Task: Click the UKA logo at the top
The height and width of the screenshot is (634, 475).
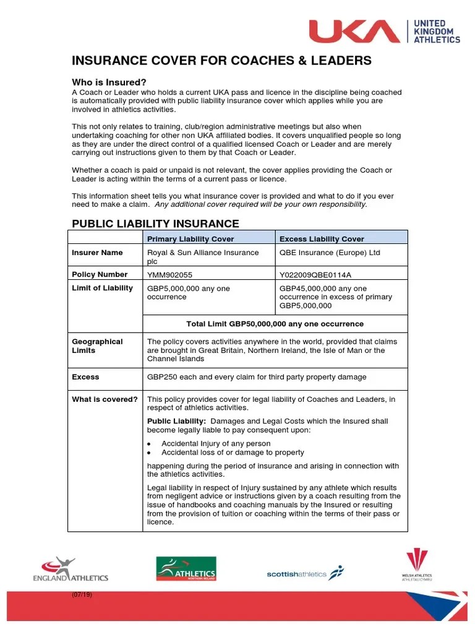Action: (x=385, y=31)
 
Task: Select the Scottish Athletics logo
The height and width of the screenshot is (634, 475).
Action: (x=304, y=573)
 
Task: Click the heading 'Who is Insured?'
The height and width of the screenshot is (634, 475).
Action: (x=109, y=82)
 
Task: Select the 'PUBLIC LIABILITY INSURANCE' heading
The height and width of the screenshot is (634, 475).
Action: (x=155, y=224)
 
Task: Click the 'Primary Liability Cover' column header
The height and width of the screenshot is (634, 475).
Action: (x=190, y=239)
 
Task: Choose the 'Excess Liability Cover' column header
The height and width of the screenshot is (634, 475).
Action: (x=322, y=239)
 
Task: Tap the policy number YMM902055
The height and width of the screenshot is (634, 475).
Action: (x=171, y=275)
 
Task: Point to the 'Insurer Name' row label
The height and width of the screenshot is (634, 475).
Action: (x=97, y=253)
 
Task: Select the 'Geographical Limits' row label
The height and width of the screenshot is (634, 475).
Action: (x=97, y=346)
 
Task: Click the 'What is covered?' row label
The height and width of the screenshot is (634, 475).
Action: (x=105, y=399)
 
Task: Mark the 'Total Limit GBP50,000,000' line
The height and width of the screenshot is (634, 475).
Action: (x=275, y=324)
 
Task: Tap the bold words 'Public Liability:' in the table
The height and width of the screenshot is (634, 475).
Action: (x=176, y=421)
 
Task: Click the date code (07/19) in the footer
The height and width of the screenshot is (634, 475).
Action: (x=82, y=595)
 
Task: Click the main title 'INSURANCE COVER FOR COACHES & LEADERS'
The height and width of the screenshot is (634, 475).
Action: (x=221, y=61)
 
